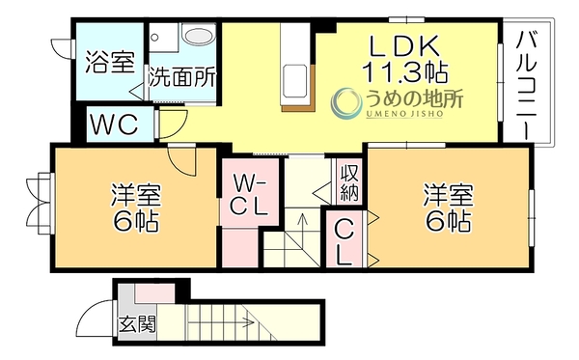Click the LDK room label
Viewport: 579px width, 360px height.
(x=404, y=45)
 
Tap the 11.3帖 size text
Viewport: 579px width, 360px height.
(x=404, y=71)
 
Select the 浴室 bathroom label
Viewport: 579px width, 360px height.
(x=110, y=62)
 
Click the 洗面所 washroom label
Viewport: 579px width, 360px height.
(x=182, y=77)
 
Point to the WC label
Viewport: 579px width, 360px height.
(x=115, y=125)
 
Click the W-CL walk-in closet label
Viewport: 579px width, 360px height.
(x=249, y=195)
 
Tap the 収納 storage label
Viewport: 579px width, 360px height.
(x=349, y=182)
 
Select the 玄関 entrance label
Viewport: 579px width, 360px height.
(x=137, y=324)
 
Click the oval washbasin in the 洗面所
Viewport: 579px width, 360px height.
(x=200, y=35)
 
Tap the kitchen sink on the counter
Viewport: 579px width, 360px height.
(x=294, y=80)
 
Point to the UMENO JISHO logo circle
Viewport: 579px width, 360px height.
(x=346, y=103)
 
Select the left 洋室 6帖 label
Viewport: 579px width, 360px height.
(x=135, y=208)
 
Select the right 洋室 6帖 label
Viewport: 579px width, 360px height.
(x=449, y=208)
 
